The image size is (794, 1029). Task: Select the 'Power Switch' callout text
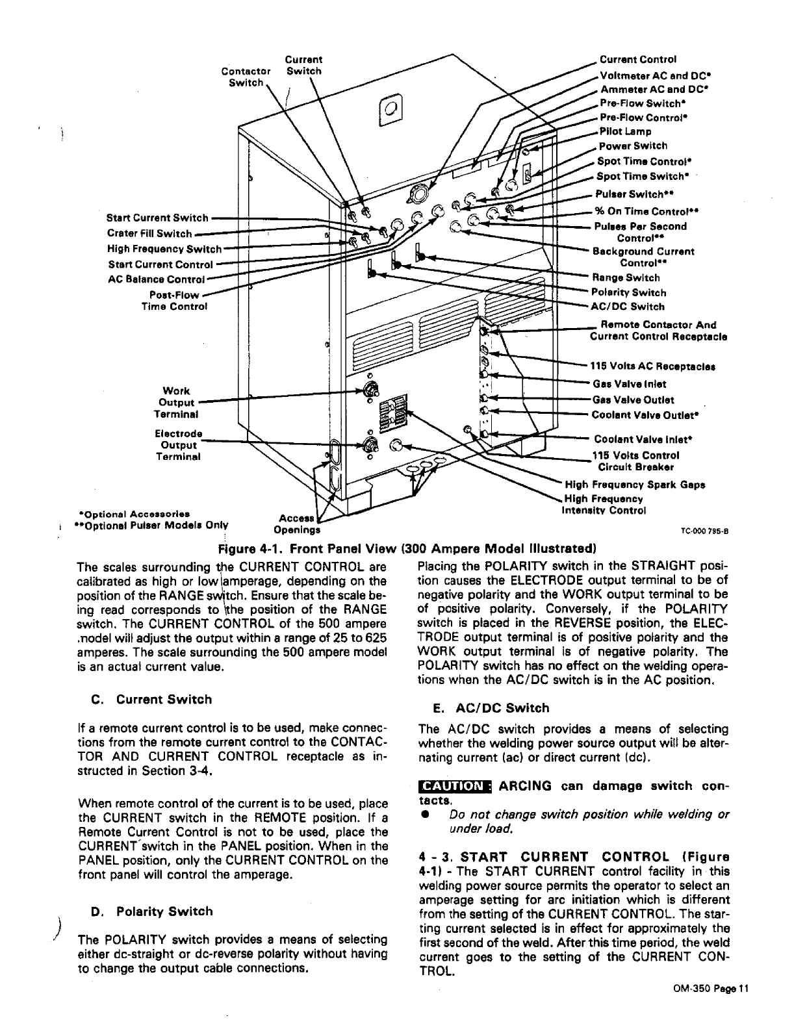632,146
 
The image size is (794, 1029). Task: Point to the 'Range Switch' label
625,278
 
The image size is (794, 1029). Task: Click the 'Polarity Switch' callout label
628,293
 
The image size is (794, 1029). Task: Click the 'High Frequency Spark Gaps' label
635,485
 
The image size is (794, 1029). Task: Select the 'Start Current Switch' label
157,218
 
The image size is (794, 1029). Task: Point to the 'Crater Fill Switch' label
149,234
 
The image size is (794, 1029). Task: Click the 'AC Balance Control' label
156,279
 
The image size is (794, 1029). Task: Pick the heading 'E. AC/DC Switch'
491,708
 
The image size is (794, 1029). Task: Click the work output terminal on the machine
372,390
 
